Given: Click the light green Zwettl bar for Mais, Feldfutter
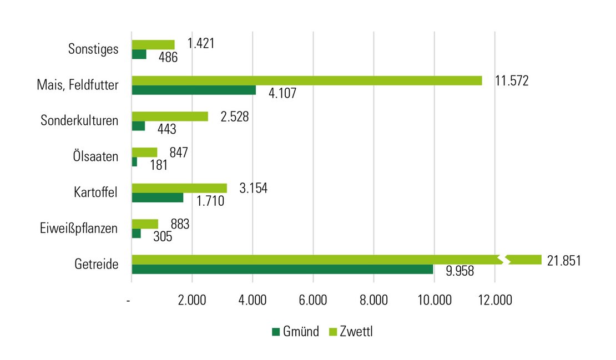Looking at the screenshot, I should click(306, 80).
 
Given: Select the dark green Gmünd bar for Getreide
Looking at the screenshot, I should click(282, 269).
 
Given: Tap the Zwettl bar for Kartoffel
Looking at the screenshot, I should click(179, 188).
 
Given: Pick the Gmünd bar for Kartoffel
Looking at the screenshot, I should click(157, 197).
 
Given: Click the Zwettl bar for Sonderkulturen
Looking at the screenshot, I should click(170, 116).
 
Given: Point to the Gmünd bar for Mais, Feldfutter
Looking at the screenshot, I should click(194, 90).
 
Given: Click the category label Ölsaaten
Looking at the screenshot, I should click(97, 157).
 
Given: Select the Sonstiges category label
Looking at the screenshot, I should click(93, 49).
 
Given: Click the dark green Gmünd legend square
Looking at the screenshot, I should click(276, 332).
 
